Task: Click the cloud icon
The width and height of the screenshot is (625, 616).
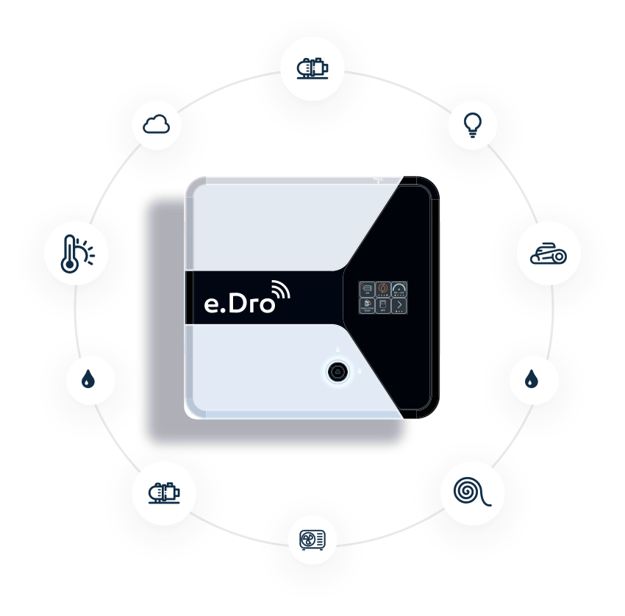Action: [156, 125]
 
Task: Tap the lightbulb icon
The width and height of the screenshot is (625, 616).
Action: [473, 126]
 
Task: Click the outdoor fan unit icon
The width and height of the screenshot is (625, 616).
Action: [312, 542]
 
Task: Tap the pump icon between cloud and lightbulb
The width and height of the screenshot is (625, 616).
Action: [312, 69]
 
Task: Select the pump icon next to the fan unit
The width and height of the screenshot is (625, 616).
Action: [163, 492]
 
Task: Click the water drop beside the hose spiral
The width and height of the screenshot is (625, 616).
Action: [532, 379]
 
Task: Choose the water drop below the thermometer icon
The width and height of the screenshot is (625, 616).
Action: [88, 379]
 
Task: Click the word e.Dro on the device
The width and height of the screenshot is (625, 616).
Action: [238, 302]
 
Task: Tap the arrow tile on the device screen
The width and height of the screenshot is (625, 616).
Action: [399, 305]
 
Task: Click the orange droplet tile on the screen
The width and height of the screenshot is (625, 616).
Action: [382, 289]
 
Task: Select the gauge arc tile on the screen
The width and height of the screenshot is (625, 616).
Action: [399, 289]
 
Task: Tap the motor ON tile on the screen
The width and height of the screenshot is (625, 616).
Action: [366, 289]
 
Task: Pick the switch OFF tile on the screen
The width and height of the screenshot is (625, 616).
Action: [382, 305]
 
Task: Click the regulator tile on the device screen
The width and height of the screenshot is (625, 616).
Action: [366, 305]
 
